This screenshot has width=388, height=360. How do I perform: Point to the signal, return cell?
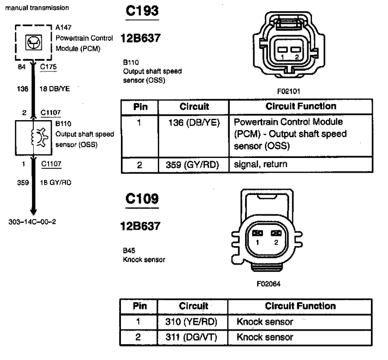point(260,165)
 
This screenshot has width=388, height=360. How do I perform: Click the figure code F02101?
point(288,91)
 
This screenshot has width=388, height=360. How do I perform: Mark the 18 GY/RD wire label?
point(55,183)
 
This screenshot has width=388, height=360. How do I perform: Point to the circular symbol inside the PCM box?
point(31,43)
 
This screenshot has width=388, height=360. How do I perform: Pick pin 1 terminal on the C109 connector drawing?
point(258,233)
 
